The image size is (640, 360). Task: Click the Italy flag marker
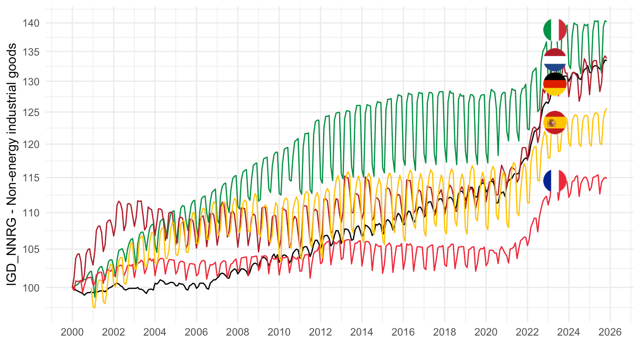[x=555, y=30]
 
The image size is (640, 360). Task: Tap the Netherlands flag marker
[x=555, y=60]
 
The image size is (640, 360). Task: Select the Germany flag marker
[x=555, y=84]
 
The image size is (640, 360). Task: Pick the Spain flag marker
[x=555, y=122]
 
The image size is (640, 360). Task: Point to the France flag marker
[x=555, y=180]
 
